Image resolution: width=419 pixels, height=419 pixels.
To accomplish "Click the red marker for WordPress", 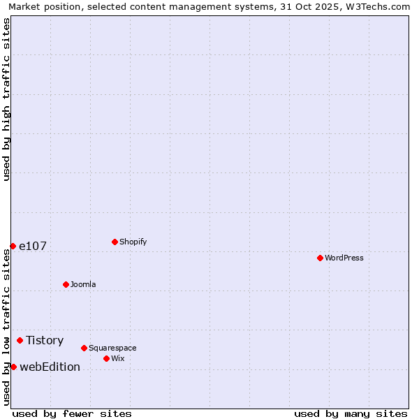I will (x=320, y=258).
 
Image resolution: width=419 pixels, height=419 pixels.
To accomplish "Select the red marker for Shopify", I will (x=115, y=242).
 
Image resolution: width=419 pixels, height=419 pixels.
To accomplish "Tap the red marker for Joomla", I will (x=66, y=284).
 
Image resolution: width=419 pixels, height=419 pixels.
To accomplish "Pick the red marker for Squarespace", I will (x=84, y=348).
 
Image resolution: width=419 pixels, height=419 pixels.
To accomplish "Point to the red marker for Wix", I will (x=106, y=358).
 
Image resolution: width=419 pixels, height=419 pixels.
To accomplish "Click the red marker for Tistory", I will (x=20, y=340).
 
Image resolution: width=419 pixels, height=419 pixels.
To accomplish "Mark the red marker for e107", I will (x=13, y=246).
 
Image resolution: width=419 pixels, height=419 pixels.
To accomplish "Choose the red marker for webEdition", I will (x=13, y=367).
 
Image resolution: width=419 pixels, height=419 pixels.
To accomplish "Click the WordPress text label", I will (x=344, y=258).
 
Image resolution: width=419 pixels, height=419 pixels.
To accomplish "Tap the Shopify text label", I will (x=133, y=242).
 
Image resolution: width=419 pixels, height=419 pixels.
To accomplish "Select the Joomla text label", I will (x=83, y=284).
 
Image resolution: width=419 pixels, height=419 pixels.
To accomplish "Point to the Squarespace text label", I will (x=112, y=348).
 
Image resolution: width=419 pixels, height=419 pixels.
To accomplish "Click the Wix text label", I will (x=117, y=358).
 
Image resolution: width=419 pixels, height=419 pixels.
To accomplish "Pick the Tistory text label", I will (x=45, y=340).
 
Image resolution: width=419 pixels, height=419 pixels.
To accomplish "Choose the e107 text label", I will (x=33, y=246).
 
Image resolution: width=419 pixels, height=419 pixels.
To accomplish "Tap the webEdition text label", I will (x=50, y=367).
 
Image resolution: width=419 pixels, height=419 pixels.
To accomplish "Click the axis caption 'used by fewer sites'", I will (x=72, y=413).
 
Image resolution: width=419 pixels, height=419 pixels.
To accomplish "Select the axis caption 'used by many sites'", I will (x=351, y=413).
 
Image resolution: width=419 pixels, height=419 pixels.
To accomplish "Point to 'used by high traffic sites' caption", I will (x=6, y=99).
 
